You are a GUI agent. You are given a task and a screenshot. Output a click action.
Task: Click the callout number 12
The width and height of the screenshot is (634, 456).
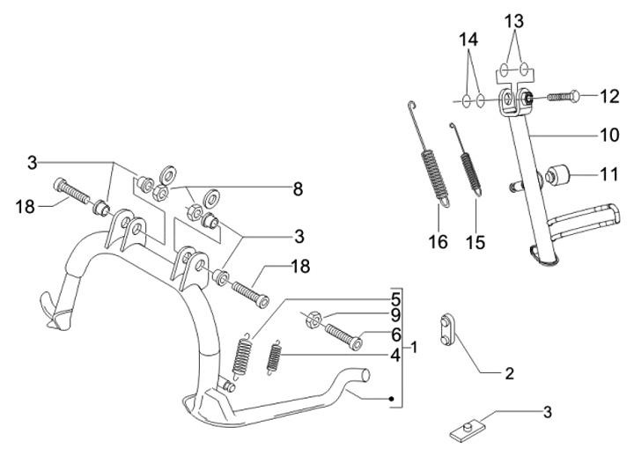coord(609,97)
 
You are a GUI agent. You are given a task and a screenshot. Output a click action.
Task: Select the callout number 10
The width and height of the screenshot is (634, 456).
coord(609,135)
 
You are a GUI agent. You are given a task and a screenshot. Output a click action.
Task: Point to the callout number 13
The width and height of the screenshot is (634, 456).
coord(514,21)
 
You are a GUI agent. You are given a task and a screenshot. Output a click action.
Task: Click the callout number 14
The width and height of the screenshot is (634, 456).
coord(468,40)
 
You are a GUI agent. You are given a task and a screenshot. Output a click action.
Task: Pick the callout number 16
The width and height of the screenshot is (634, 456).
coord(439,242)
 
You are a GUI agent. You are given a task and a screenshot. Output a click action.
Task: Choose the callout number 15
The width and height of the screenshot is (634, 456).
coord(475,243)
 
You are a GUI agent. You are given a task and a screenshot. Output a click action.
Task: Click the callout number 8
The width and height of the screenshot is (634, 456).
coord(298,189)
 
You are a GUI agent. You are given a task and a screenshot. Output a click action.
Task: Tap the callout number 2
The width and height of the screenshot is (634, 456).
coord(510,373)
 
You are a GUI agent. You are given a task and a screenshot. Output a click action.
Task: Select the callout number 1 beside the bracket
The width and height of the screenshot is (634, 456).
coord(414,347)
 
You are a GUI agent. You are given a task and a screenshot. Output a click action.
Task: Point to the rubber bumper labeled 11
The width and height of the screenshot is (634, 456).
coord(557,176)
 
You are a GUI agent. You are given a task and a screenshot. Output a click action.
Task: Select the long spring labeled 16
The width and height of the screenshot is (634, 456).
coord(428,154)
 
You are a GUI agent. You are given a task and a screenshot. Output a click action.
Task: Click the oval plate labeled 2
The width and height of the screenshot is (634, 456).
coord(447,329)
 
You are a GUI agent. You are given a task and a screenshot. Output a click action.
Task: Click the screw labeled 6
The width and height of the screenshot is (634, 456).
coord(343,336)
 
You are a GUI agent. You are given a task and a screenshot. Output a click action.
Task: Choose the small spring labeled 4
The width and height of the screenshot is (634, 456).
coord(274,357)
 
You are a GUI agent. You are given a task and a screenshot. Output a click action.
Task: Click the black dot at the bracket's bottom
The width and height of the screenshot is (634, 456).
coord(391,399)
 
